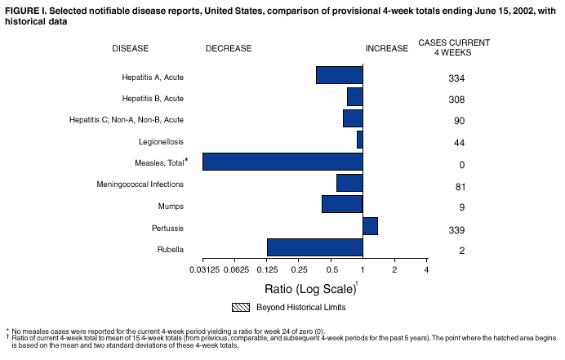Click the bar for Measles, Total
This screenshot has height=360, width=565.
point(282,162)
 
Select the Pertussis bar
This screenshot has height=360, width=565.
point(370,226)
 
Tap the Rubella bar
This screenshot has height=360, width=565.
point(314,247)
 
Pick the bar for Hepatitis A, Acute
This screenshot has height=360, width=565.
point(339,75)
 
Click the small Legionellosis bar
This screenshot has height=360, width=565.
point(359,140)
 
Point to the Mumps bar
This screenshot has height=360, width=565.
point(342,204)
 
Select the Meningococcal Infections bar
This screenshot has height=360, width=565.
point(349,183)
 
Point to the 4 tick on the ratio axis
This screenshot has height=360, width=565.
point(426,269)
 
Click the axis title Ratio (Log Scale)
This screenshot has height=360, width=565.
point(310,289)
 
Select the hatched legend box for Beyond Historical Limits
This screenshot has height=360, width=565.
point(240,308)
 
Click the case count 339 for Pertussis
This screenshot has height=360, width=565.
point(456,230)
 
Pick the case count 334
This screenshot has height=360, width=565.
point(456,79)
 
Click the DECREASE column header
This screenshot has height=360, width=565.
point(229,49)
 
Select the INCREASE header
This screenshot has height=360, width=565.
point(386,49)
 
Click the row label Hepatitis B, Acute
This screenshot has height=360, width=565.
point(153,99)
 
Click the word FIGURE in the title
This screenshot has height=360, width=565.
point(22,7)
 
